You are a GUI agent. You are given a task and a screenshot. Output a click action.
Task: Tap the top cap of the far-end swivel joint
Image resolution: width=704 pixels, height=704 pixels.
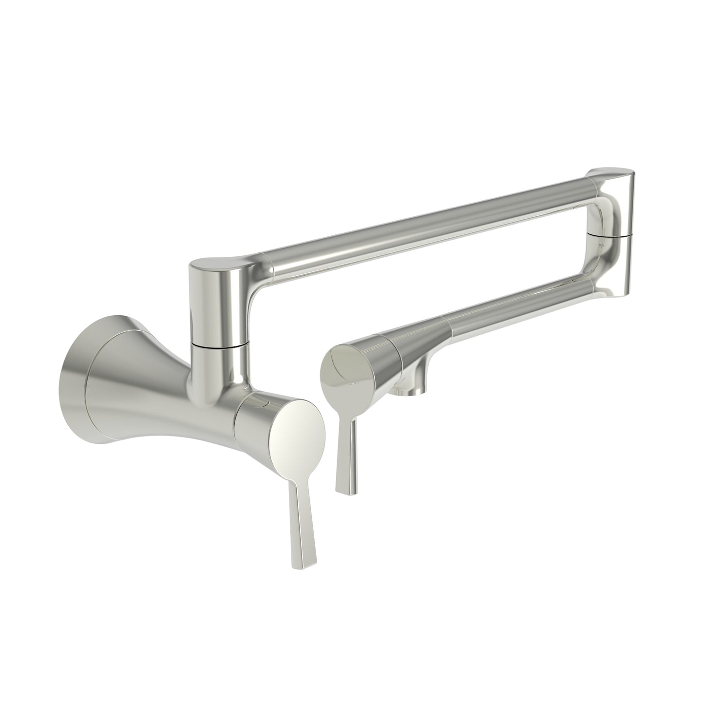point(611,175)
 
